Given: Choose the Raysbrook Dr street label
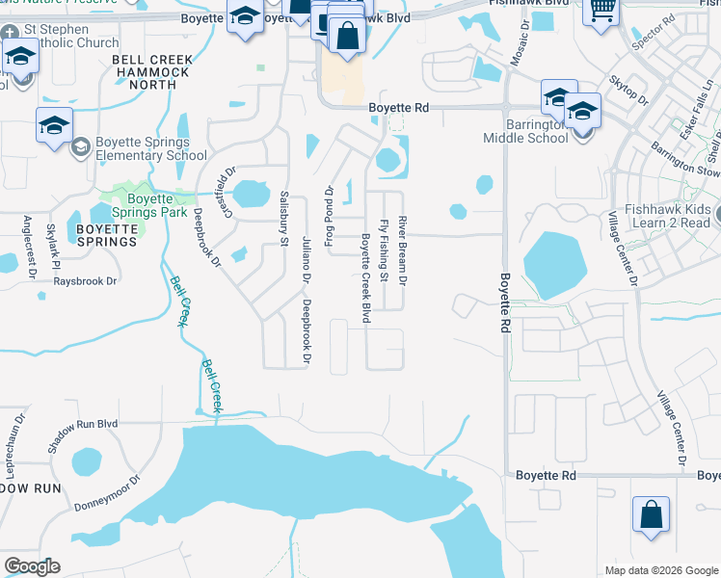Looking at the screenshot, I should [x=85, y=281].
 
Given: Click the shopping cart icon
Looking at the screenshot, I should [x=602, y=11].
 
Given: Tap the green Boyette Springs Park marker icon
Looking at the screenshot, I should [x=121, y=188].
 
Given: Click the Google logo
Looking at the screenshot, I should [x=32, y=566].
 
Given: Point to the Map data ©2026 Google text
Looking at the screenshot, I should [x=660, y=570].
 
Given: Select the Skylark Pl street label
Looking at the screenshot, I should [x=54, y=247].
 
